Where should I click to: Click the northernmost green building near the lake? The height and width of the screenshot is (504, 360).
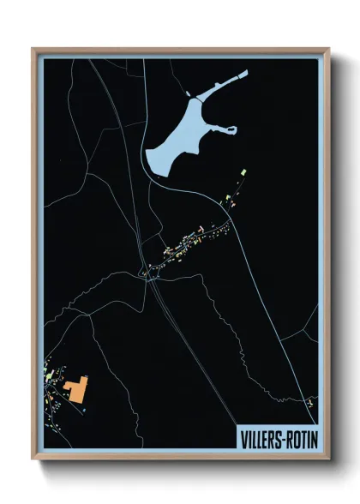click(x=243, y=174)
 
